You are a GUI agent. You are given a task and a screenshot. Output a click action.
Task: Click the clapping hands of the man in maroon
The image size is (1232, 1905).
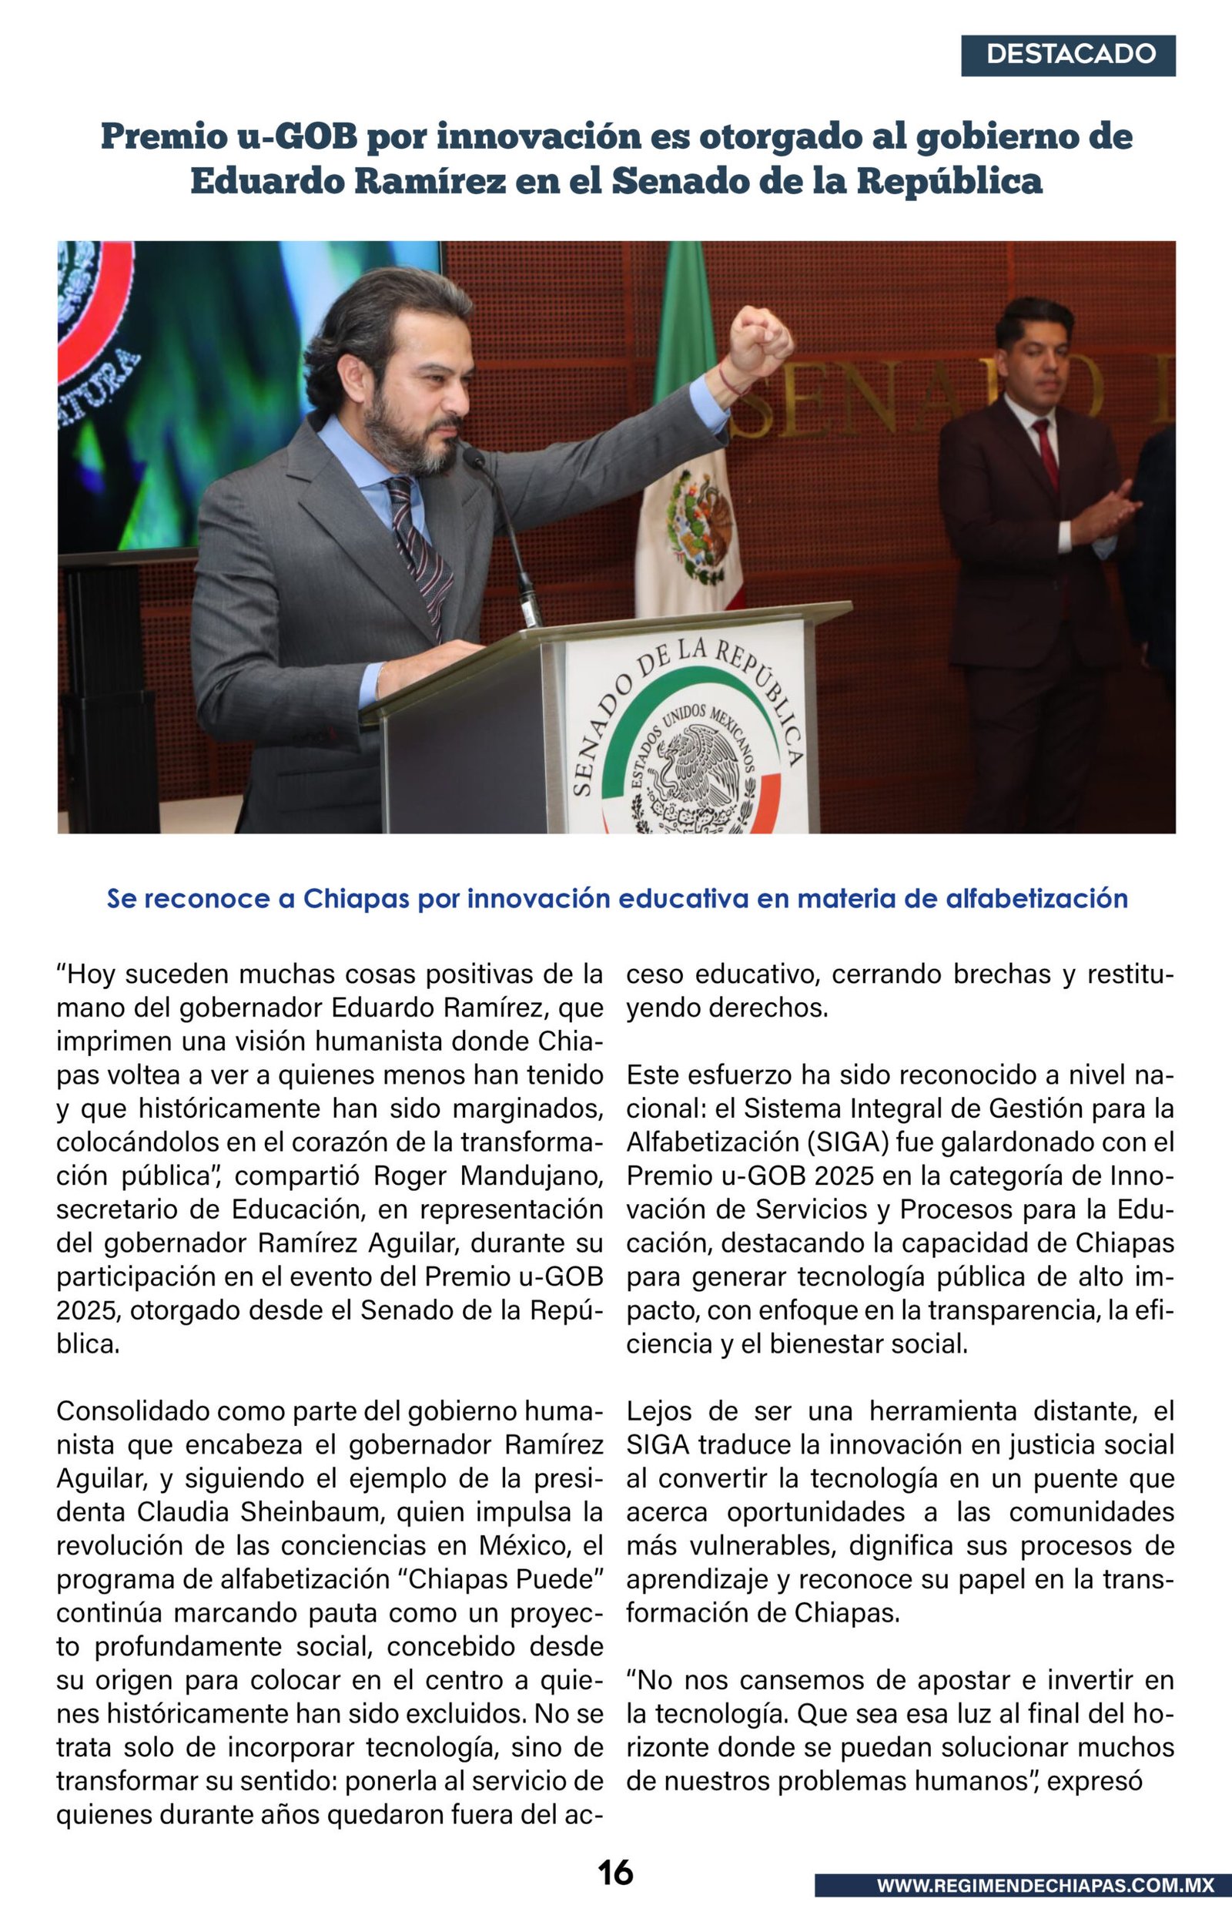pyautogui.click(x=1108, y=512)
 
